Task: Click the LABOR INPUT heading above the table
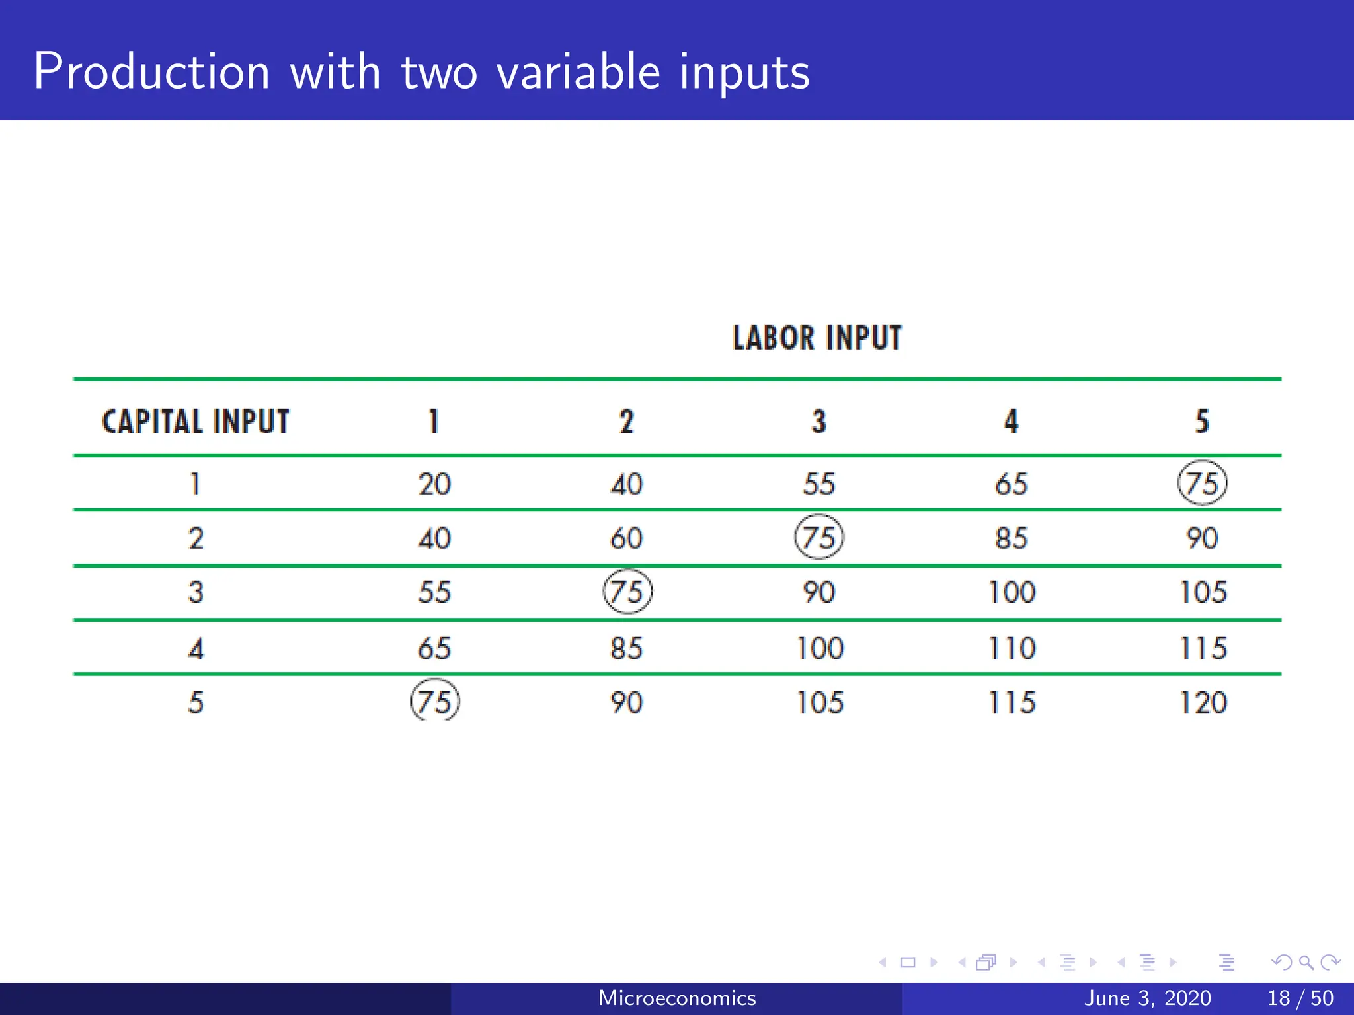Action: click(x=817, y=338)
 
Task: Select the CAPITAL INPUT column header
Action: click(x=196, y=422)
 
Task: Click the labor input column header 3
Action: click(x=819, y=422)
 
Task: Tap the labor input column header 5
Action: click(x=1203, y=422)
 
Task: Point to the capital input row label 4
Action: click(x=196, y=648)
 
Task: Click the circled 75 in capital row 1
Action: click(x=1202, y=483)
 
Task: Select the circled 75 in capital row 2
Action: click(x=818, y=537)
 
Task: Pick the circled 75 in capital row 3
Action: click(x=627, y=591)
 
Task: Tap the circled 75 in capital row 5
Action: click(x=434, y=701)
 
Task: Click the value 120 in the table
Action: click(x=1203, y=702)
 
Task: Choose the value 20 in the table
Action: click(x=434, y=484)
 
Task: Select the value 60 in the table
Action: click(x=626, y=538)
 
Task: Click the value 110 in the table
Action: click(x=1012, y=648)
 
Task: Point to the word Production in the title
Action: click(x=151, y=71)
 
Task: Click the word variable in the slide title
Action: click(x=578, y=71)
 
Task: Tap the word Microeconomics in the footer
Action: click(x=677, y=998)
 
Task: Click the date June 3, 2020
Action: click(x=1147, y=998)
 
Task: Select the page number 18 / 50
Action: click(x=1300, y=998)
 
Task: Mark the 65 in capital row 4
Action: click(x=434, y=648)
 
